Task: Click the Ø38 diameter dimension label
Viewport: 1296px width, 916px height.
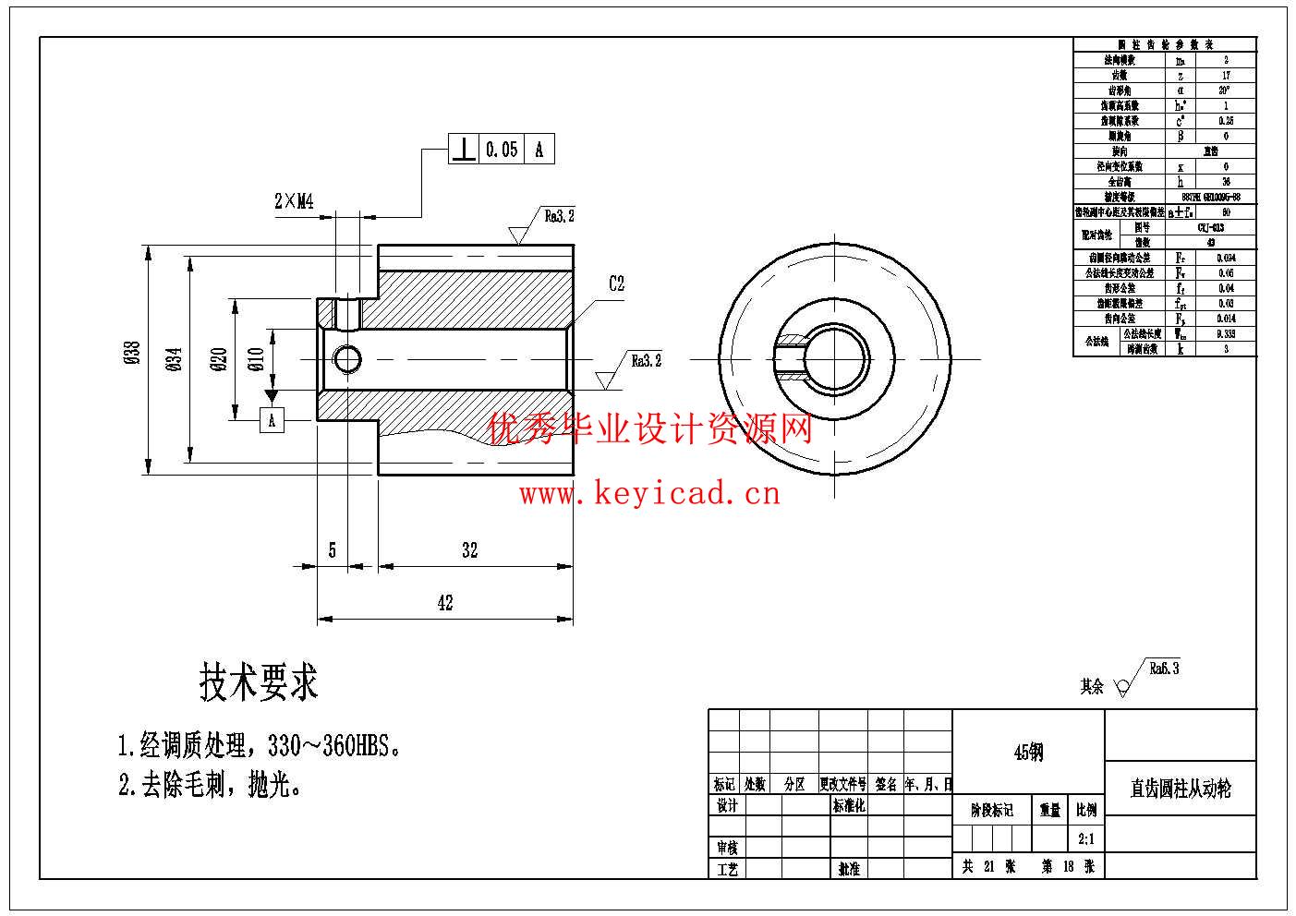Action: [x=132, y=355]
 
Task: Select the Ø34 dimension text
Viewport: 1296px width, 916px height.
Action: [x=176, y=357]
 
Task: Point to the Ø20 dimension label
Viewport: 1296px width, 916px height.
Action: [x=220, y=359]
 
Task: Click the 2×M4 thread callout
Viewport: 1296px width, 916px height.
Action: [x=295, y=201]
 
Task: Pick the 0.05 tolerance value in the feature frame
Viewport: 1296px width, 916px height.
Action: [x=502, y=149]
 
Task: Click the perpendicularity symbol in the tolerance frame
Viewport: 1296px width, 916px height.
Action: [x=464, y=149]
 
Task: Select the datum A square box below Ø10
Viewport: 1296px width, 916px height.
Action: [x=272, y=421]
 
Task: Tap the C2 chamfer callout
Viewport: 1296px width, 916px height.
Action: [x=616, y=284]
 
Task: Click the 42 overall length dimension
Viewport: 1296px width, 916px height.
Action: [x=445, y=603]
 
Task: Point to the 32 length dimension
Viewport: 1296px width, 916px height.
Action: [x=469, y=550]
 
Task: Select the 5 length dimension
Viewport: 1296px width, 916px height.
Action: [x=333, y=550]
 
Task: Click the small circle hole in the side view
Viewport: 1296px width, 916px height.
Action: [x=347, y=357]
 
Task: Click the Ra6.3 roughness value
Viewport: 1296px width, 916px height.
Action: [x=1164, y=669]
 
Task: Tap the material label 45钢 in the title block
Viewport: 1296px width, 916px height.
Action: [x=1028, y=753]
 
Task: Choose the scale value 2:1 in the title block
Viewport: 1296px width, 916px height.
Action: [x=1085, y=838]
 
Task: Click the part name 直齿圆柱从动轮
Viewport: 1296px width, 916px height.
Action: [x=1181, y=789]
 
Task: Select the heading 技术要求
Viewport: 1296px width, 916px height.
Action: [x=259, y=683]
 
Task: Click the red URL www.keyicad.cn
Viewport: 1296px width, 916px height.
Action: [x=649, y=495]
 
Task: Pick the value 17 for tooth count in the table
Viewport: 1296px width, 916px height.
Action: [x=1226, y=76]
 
